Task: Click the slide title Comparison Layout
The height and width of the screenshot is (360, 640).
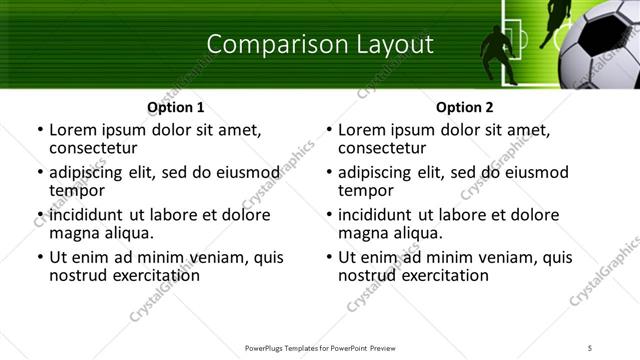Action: tap(320, 44)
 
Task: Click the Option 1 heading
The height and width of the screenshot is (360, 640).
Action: tap(176, 107)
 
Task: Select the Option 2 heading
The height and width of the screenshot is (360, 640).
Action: tap(464, 107)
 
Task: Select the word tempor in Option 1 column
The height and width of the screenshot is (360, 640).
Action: tap(77, 190)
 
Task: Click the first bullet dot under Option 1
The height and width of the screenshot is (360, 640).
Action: tap(40, 130)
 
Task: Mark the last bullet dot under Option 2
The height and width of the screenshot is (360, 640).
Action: tap(329, 258)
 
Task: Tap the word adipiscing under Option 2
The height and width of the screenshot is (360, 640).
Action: tap(375, 172)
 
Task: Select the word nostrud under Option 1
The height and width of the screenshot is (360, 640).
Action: tap(76, 275)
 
